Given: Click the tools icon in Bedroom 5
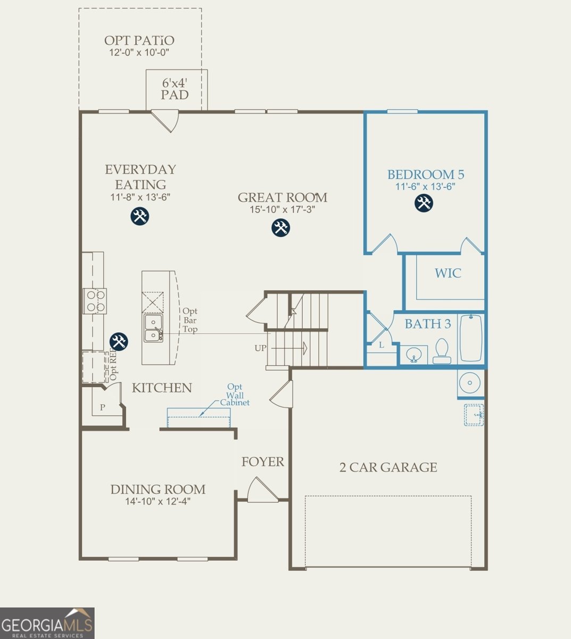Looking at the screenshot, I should [x=424, y=203].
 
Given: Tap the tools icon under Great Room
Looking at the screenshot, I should [x=280, y=228].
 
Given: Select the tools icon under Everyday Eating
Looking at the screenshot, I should [x=140, y=216].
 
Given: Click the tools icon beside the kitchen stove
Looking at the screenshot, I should [x=118, y=341].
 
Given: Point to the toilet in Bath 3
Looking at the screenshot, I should [x=442, y=352].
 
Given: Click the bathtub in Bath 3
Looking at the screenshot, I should [x=470, y=338].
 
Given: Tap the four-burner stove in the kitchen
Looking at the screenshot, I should [x=94, y=301].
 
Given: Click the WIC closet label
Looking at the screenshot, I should [x=448, y=273].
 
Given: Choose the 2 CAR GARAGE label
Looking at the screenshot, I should [x=388, y=468].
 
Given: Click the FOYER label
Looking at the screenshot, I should [x=263, y=462].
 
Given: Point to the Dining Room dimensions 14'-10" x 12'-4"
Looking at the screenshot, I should [x=158, y=502].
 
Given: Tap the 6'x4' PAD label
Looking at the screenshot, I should [x=175, y=89].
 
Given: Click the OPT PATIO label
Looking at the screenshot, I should [x=139, y=40].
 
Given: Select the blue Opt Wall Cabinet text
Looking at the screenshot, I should [x=235, y=395].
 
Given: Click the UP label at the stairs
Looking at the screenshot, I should [x=260, y=348].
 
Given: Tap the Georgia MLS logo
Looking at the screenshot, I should [x=47, y=623].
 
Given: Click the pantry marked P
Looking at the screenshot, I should [x=103, y=407].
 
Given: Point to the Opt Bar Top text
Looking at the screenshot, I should [x=190, y=320].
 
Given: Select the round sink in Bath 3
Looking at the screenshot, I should [x=413, y=354].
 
